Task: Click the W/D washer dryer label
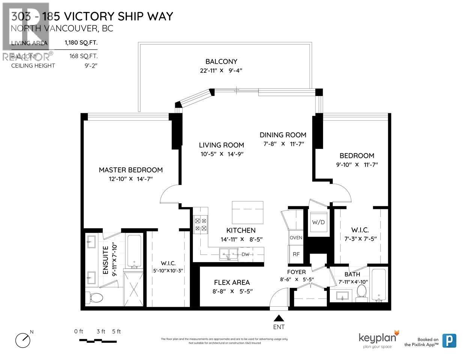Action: (x=318, y=222)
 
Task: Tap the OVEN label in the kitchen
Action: (x=296, y=238)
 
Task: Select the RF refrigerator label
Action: (x=296, y=254)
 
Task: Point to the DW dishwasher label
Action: (x=245, y=255)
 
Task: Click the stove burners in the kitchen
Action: (x=200, y=224)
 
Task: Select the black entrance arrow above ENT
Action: (x=278, y=318)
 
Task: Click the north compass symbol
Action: (x=23, y=340)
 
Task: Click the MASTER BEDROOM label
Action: (x=131, y=170)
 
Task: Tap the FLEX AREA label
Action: (x=231, y=282)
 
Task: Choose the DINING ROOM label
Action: (x=283, y=135)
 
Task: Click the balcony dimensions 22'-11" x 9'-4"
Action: (x=221, y=70)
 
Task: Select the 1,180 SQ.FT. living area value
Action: (x=81, y=43)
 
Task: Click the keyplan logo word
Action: (x=377, y=337)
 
